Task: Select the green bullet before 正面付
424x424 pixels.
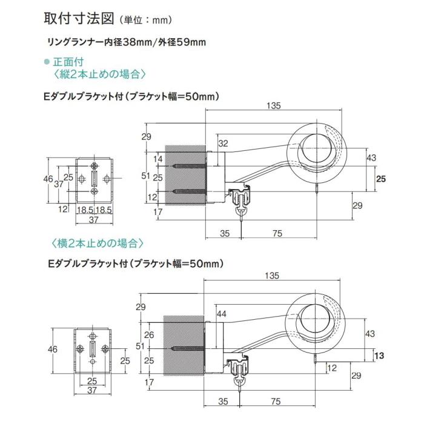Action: tap(47, 62)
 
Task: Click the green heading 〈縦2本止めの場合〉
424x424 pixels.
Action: tap(97, 75)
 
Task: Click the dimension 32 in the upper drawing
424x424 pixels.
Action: tap(223, 144)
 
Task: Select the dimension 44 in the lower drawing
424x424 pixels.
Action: tap(221, 314)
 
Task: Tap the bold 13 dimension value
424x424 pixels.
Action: tap(380, 355)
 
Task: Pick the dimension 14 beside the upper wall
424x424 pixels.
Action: tap(158, 159)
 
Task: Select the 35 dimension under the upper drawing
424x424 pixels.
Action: tap(224, 232)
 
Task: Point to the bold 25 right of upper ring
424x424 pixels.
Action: tap(380, 179)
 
